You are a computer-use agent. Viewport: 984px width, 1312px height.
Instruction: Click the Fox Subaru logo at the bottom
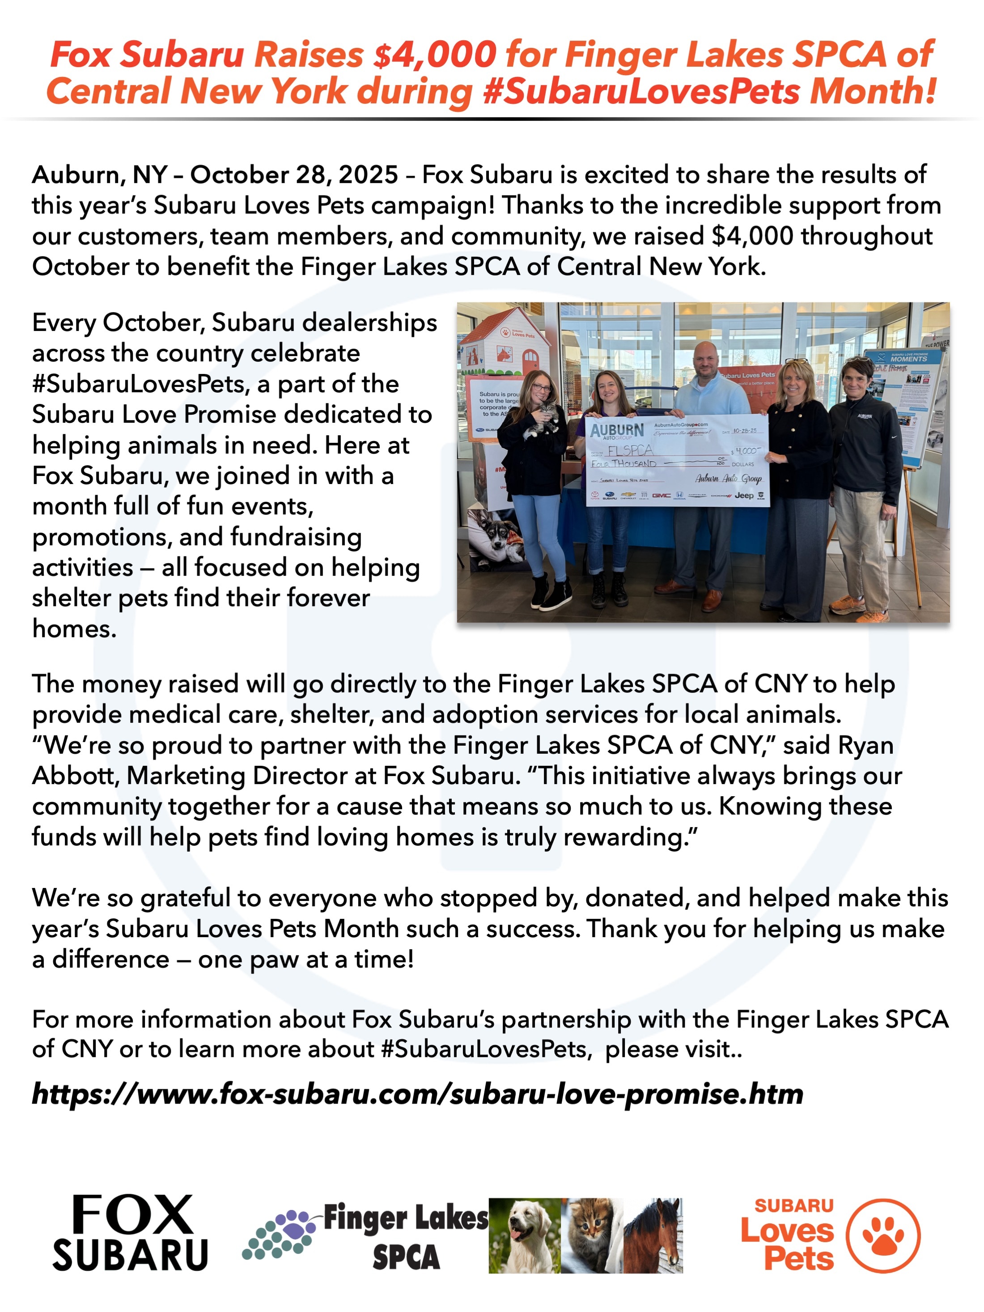coord(131,1234)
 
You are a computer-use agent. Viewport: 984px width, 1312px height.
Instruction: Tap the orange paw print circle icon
coord(882,1236)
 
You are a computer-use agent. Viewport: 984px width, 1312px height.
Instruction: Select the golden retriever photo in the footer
coord(524,1236)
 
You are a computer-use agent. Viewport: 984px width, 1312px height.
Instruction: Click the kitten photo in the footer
coord(591,1236)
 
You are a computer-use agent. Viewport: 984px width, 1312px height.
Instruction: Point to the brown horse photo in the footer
coord(653,1236)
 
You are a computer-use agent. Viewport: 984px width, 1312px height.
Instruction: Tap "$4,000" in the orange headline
coord(435,55)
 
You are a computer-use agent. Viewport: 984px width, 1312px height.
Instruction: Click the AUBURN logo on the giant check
coord(617,430)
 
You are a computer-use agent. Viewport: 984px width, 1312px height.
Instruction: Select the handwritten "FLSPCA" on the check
coord(630,450)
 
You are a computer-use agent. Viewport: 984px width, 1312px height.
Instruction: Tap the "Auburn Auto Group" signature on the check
coord(728,478)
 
